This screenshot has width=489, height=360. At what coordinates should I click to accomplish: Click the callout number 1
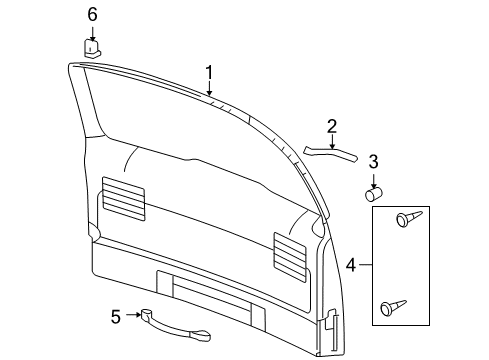click(210, 72)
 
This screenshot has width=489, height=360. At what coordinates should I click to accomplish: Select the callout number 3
click(373, 161)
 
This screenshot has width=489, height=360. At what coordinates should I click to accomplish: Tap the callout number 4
click(352, 265)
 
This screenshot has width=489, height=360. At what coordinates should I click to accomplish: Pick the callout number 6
click(92, 14)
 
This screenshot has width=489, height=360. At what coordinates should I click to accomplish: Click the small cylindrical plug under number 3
click(374, 195)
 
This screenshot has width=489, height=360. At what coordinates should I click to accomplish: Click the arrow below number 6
click(92, 32)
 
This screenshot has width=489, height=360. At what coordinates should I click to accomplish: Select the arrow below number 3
click(373, 178)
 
